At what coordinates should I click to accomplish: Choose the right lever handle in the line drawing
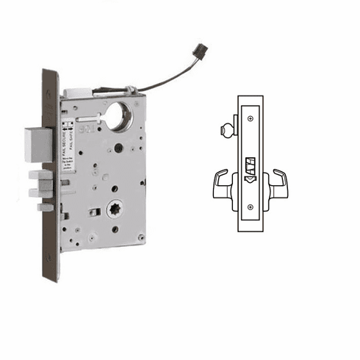tap(278, 184)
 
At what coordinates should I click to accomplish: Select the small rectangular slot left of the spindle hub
tap(93, 213)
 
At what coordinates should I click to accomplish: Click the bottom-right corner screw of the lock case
tap(140, 237)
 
